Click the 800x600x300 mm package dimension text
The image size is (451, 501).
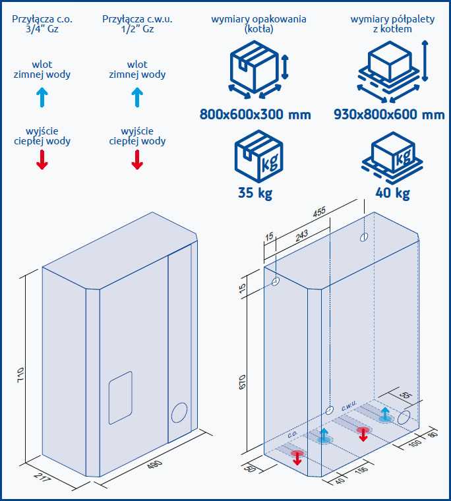tap(255, 115)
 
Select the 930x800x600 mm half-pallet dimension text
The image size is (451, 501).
tap(389, 115)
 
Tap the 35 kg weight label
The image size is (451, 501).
tap(255, 193)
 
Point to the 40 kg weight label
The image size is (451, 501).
tap(392, 193)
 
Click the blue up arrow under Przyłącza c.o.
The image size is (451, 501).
tap(42, 98)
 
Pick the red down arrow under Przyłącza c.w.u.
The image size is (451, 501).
tap(137, 159)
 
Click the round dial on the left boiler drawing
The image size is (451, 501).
tap(179, 413)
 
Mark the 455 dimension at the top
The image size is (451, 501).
tap(319, 212)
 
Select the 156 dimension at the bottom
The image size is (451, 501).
tap(361, 471)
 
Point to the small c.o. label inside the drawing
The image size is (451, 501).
tap(292, 436)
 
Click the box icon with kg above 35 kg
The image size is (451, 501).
tap(258, 159)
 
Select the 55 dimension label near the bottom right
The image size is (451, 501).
tap(406, 396)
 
